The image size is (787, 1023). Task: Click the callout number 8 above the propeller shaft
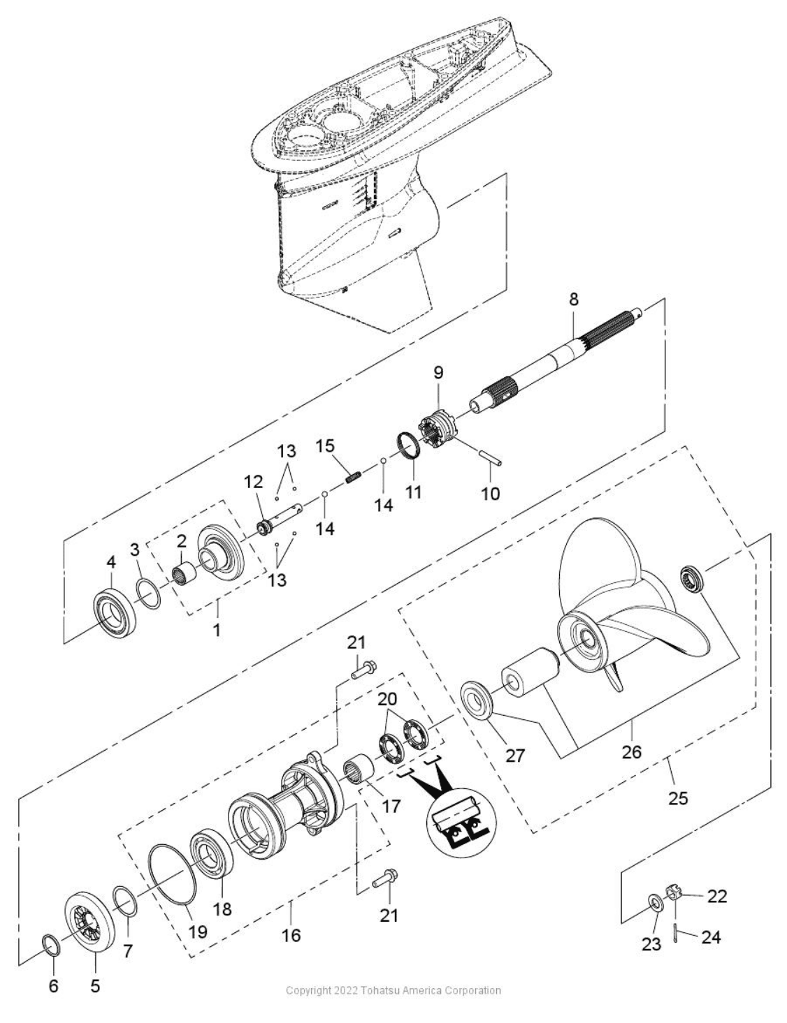[x=573, y=300]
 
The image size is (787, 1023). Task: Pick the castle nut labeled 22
[x=674, y=895]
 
